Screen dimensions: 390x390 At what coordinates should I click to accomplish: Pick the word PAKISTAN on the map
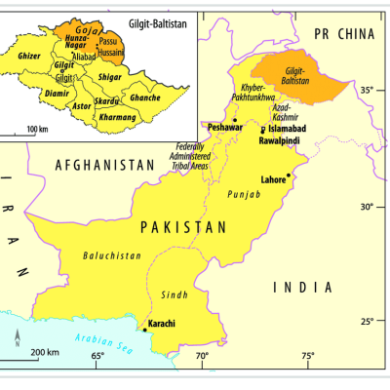tap(183, 226)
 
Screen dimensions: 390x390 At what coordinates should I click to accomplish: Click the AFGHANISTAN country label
tap(105, 165)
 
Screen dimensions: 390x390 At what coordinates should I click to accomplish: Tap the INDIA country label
tap(302, 287)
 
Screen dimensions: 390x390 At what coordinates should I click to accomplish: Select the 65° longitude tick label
tap(97, 357)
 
